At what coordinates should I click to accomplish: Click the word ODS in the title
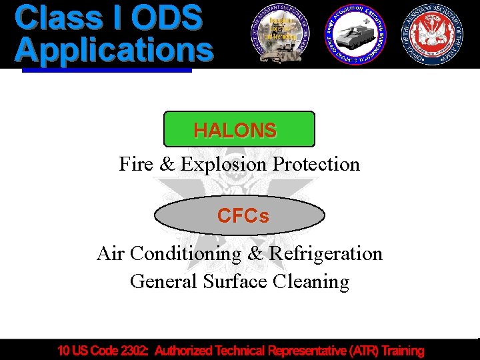[x=167, y=18]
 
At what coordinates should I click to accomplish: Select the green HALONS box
[x=239, y=129]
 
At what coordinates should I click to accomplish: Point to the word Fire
[x=136, y=164]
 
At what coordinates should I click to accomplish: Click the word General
[x=155, y=281]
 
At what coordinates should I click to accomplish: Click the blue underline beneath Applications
[x=107, y=68]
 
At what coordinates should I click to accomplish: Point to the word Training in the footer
[x=402, y=350]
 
